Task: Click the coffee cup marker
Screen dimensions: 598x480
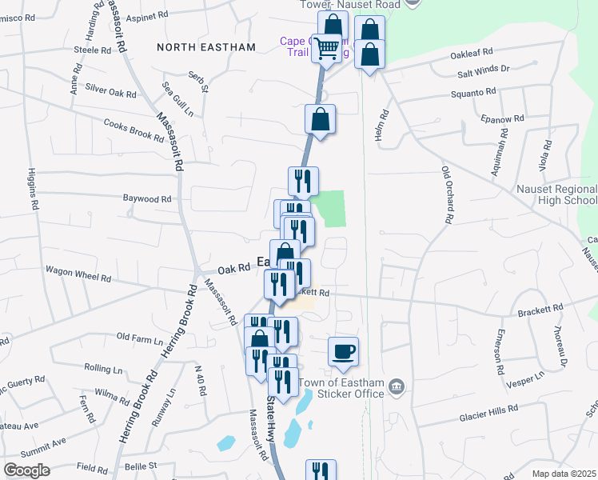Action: pos(343,352)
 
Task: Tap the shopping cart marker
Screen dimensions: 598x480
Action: pos(325,50)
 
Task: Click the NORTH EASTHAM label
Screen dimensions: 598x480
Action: pos(206,47)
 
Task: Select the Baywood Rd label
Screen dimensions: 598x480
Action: pos(147,198)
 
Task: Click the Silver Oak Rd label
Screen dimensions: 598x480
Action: pos(110,93)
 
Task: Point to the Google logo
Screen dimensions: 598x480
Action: pos(26,470)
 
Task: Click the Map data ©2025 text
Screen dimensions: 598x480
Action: pos(564,474)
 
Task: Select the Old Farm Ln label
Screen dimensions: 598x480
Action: pos(139,338)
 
